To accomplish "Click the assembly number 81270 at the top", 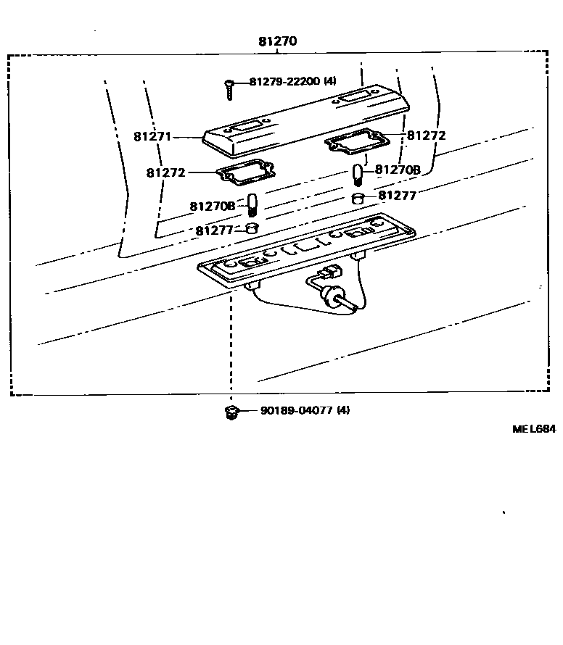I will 277,41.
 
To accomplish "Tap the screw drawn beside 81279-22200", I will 229,90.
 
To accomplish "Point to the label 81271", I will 153,136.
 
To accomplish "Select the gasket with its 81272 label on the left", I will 247,173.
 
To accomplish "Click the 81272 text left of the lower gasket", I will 165,172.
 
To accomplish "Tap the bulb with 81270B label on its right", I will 358,174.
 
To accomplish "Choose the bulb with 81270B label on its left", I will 252,204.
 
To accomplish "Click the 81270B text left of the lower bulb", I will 213,206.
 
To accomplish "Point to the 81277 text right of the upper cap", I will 398,195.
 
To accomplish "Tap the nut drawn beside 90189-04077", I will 231,412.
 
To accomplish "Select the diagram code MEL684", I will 534,428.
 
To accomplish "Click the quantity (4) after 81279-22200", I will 329,81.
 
